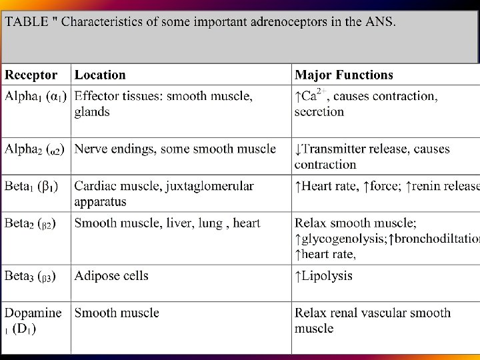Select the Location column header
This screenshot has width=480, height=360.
100,75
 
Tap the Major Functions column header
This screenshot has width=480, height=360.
344,75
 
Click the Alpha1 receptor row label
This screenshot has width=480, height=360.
35,97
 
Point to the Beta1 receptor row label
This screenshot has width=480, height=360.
31,186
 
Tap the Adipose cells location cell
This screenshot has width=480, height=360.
111,276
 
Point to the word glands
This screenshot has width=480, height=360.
92,111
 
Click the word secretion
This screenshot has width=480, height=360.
319,111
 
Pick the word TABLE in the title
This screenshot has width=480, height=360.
26,22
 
